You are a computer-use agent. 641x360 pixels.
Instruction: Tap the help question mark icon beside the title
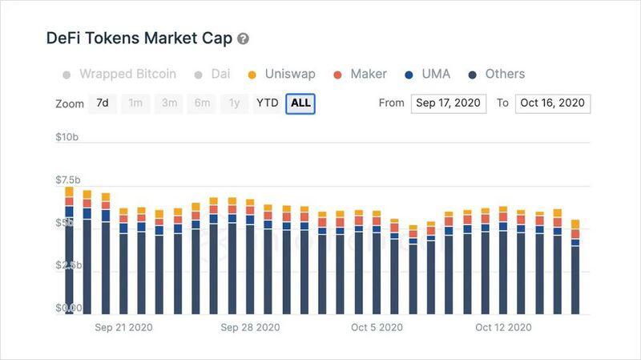click(x=243, y=38)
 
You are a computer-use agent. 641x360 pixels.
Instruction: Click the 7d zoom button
click(x=103, y=103)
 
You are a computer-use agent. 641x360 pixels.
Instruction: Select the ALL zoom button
click(x=300, y=103)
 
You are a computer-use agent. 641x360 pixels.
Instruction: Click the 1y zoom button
click(x=233, y=103)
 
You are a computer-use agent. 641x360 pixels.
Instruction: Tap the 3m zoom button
click(x=169, y=103)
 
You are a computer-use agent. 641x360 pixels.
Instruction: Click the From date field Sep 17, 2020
click(x=448, y=103)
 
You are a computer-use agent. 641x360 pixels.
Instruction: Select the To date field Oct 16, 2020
click(x=553, y=103)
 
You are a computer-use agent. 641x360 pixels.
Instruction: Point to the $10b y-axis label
click(x=67, y=137)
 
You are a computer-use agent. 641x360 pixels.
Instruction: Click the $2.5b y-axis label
click(x=68, y=265)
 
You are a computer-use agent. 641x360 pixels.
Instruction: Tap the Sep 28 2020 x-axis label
click(x=250, y=327)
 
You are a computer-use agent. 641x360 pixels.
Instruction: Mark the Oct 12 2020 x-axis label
click(x=503, y=327)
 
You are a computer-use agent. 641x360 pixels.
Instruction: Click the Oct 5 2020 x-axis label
click(x=377, y=327)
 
